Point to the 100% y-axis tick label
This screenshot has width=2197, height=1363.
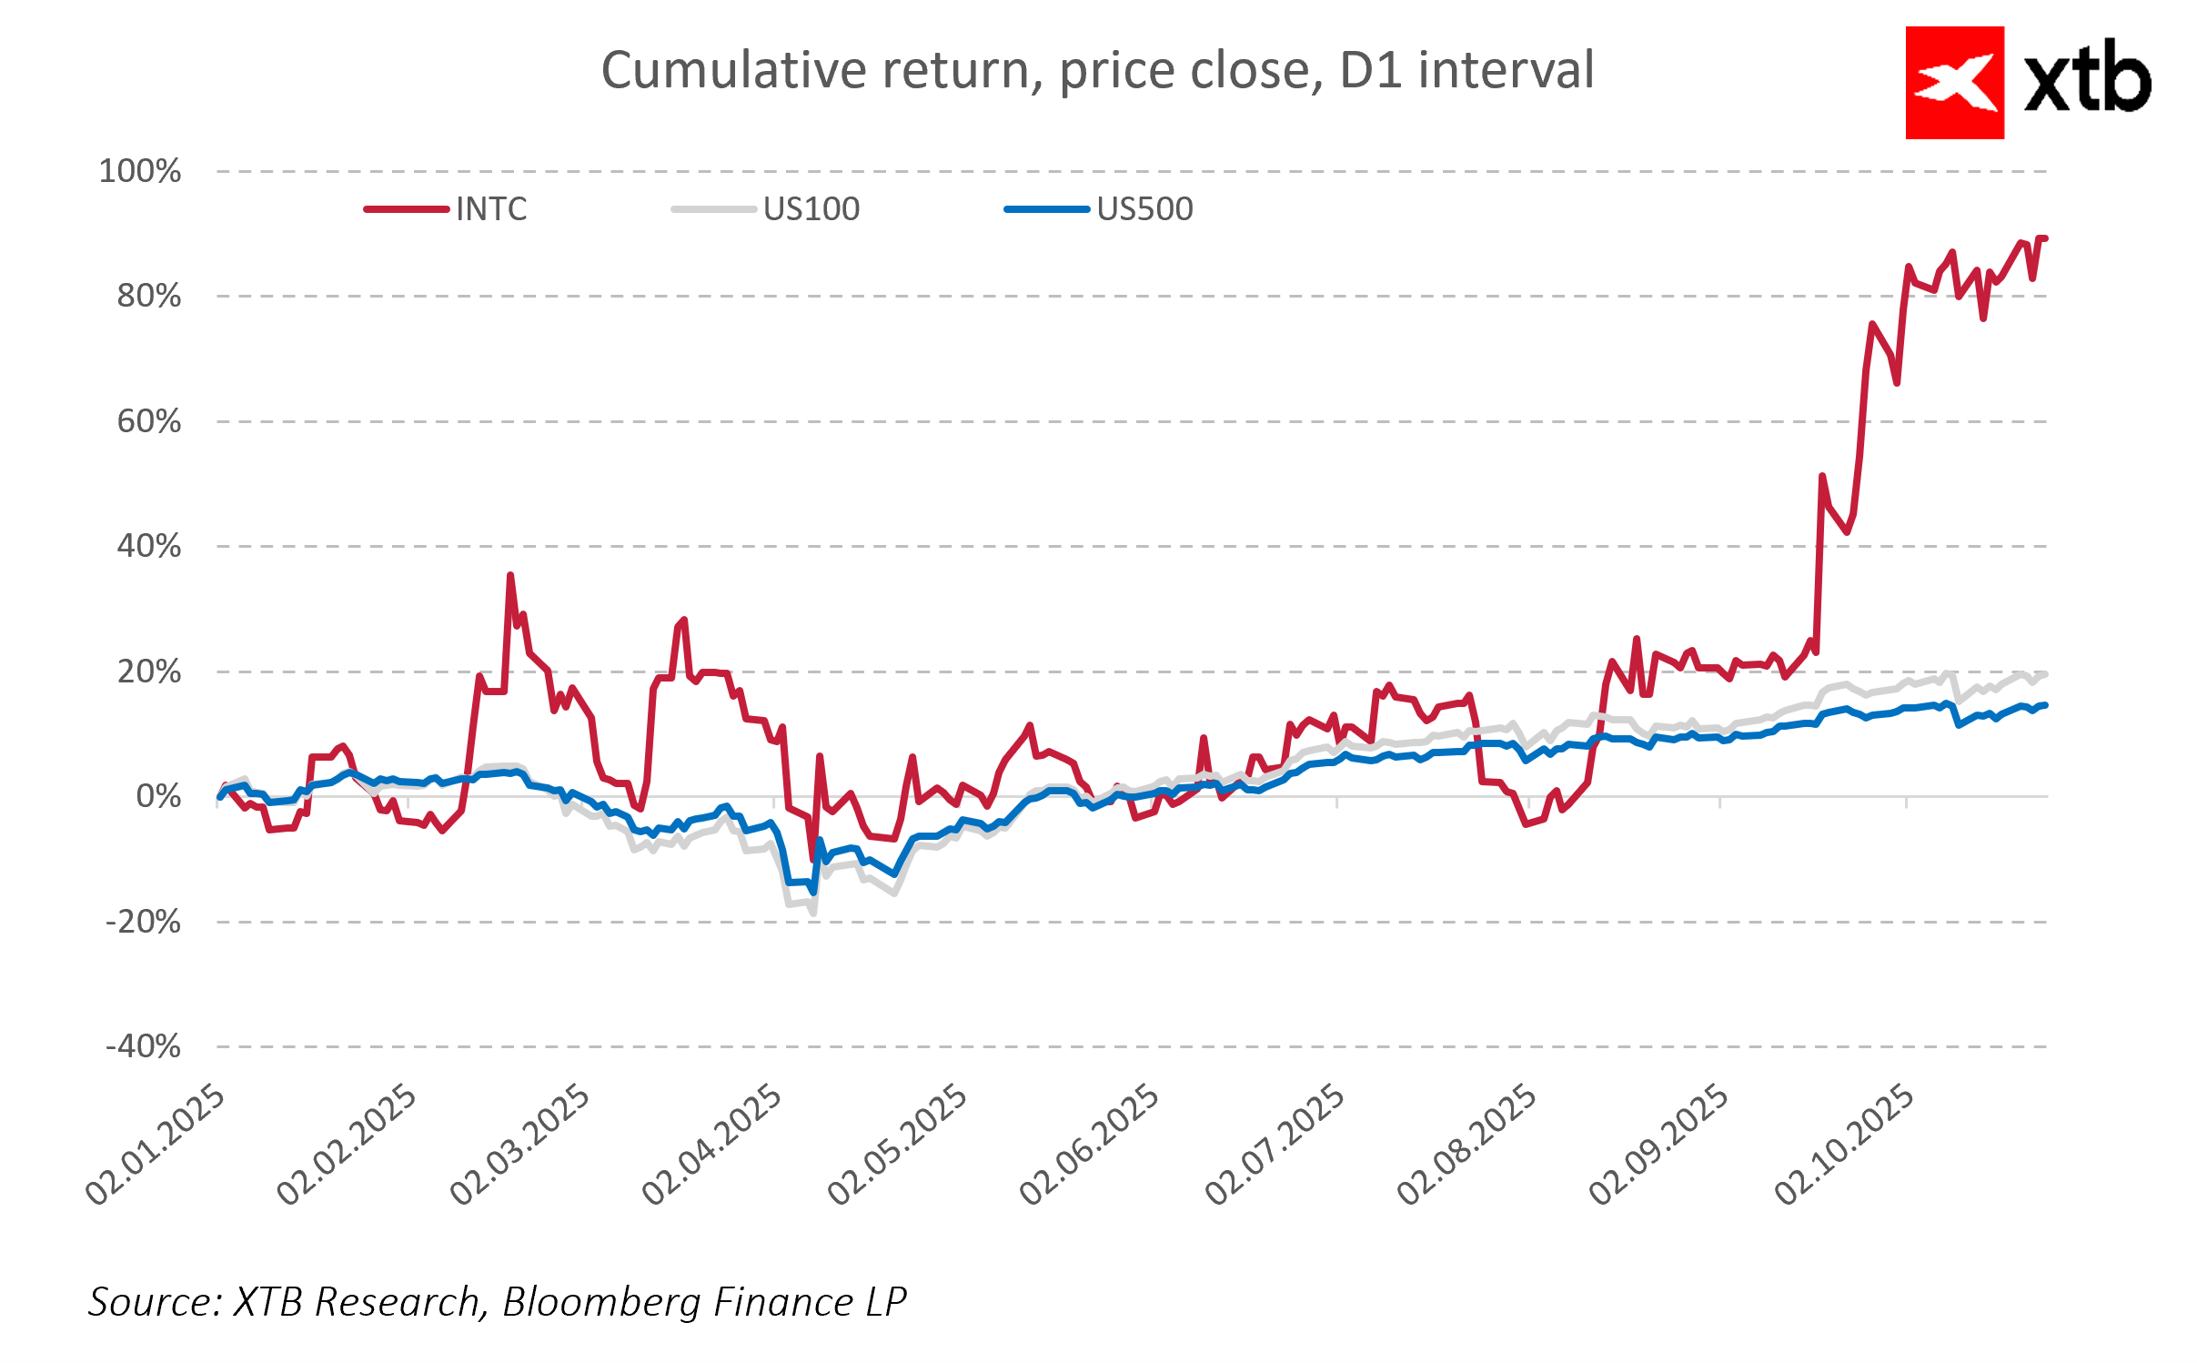point(140,171)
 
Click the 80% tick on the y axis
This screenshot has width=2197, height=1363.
point(149,297)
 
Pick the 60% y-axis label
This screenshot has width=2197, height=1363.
point(149,421)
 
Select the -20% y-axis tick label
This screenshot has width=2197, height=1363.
point(144,922)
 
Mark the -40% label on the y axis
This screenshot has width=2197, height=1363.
point(144,1046)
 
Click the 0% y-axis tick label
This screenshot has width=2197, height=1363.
point(158,797)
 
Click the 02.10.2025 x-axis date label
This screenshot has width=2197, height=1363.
point(1845,1145)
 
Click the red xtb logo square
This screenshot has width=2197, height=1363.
point(1954,83)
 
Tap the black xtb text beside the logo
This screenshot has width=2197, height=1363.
point(2087,80)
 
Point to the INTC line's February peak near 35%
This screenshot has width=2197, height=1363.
point(510,575)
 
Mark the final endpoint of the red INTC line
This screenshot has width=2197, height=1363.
point(2045,238)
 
